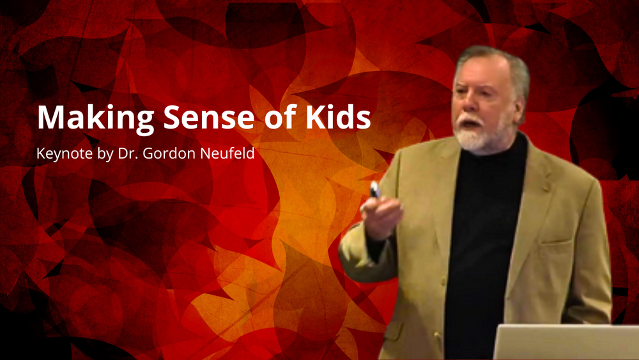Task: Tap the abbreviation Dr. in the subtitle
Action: (128, 153)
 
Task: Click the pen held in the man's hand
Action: (374, 190)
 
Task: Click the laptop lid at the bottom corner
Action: (566, 342)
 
